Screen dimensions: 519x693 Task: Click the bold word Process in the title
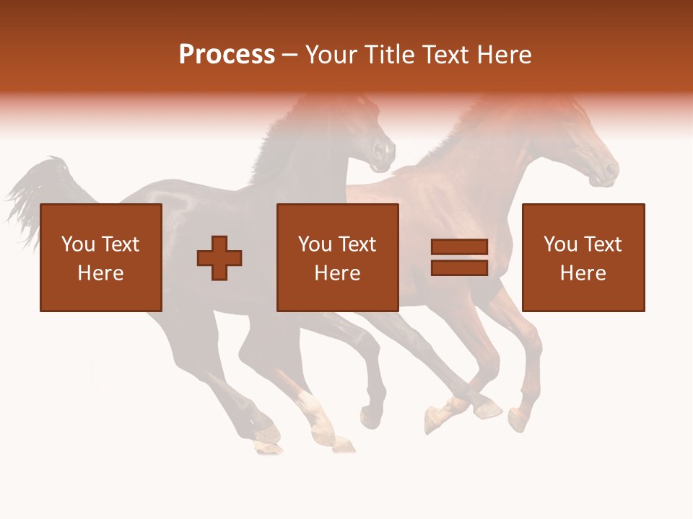227,55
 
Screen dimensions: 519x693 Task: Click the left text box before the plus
100,257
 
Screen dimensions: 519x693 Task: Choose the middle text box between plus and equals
337,257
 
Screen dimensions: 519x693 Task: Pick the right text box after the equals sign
583,257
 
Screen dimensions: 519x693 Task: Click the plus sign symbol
219,257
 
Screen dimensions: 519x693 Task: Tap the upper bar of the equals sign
459,247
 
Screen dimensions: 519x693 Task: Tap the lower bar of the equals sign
459,267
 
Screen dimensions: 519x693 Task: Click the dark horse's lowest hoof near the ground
269,448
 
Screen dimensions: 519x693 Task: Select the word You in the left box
77,244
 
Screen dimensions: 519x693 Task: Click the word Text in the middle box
359,244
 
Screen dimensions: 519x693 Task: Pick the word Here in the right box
583,273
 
